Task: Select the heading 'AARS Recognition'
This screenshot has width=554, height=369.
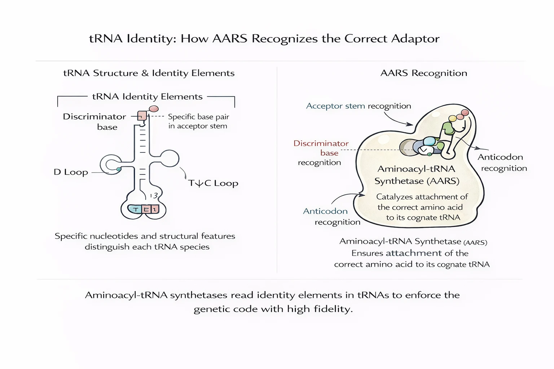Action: point(423,73)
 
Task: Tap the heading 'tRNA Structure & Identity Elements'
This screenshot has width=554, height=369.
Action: point(149,73)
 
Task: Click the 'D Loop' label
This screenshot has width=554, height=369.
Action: point(71,172)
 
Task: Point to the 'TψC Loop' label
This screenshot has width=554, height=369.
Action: point(213,183)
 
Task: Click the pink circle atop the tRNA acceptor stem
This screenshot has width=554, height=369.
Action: point(154,109)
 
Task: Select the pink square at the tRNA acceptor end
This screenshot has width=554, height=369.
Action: point(142,116)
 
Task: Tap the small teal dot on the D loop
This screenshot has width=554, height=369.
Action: point(119,169)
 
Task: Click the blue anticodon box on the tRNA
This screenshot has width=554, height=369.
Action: point(135,209)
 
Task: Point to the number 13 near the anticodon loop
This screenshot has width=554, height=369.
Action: point(154,196)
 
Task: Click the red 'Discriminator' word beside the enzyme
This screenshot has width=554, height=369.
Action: point(321,143)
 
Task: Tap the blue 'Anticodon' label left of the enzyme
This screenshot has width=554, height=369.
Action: point(325,211)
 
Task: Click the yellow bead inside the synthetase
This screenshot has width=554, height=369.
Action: point(452,119)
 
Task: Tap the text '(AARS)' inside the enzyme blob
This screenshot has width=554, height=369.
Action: point(443,181)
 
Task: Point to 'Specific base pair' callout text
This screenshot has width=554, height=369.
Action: point(198,117)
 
